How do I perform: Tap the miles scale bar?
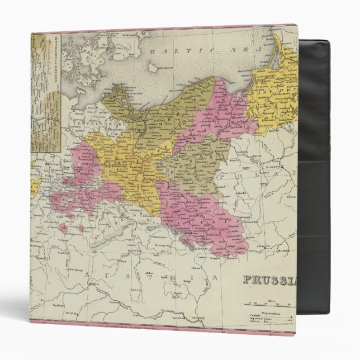(x=267, y=306)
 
